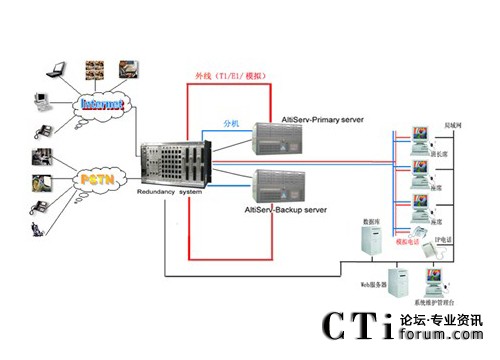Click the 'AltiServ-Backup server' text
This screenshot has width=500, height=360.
click(286, 210)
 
